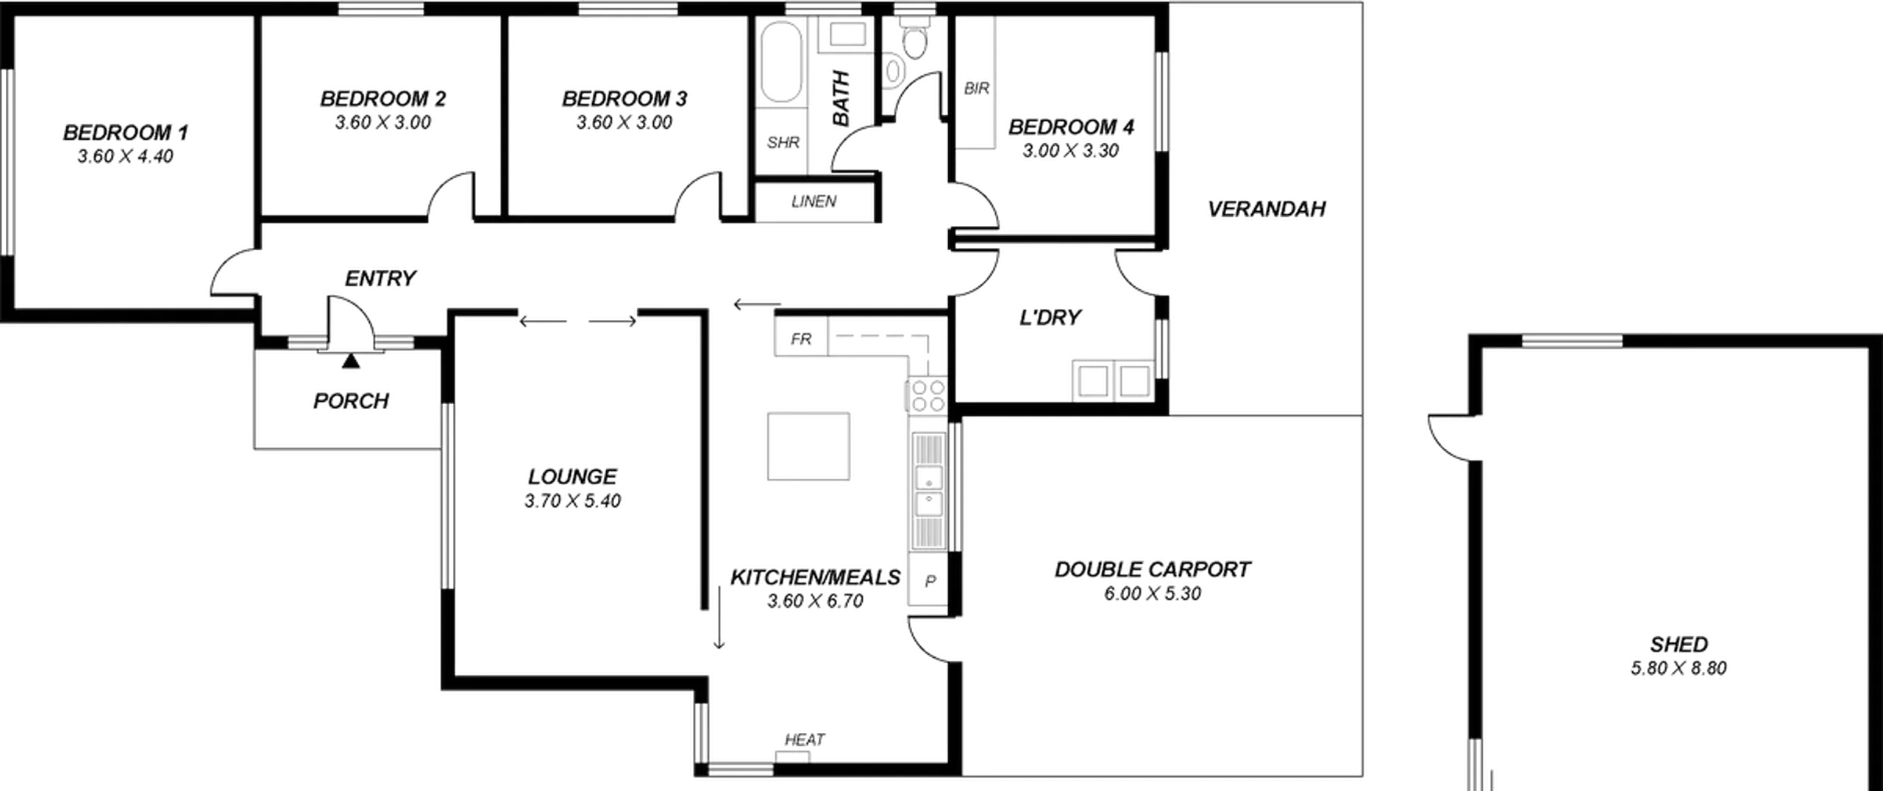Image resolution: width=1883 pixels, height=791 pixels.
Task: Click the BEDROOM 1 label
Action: (126, 132)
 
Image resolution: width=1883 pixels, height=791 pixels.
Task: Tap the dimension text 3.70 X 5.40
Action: (573, 501)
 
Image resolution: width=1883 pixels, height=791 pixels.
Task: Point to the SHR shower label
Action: (783, 142)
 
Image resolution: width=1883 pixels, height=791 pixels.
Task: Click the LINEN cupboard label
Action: (814, 202)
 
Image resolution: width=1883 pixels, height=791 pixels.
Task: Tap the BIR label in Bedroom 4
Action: (977, 88)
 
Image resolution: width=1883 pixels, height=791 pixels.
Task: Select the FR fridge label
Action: (801, 338)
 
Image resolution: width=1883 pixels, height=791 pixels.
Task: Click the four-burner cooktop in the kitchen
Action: (928, 396)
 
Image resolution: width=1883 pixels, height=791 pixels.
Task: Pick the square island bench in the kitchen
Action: (808, 447)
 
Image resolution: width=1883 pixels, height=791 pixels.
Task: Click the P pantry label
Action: (930, 581)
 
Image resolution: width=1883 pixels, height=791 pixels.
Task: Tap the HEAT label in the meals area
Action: (805, 739)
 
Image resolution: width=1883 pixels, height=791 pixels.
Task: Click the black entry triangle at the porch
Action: (352, 361)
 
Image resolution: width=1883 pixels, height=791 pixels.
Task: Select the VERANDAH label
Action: (1267, 209)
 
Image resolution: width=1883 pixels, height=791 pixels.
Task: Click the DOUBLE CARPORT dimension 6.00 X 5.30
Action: (1153, 594)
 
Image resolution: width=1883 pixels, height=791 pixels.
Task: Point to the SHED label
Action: (1679, 645)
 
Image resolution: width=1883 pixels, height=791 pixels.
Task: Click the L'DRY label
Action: (1050, 317)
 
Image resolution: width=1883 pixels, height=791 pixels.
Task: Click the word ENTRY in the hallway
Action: (380, 278)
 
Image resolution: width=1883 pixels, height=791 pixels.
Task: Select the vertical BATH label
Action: (841, 99)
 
